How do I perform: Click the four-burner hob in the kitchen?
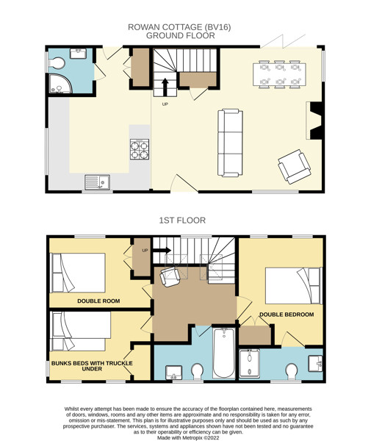pos(140,149)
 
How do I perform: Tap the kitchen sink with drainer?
pos(97,182)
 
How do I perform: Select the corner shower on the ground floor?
pos(60,84)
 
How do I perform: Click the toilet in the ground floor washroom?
pos(57,63)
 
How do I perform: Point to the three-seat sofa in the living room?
pos(230,143)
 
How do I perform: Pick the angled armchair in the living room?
pos(295,167)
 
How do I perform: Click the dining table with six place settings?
pos(279,74)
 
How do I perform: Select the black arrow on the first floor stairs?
pos(162,251)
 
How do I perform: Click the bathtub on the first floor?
pos(224,353)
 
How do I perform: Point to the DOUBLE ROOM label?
pos(98,301)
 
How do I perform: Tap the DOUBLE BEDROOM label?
pos(287,315)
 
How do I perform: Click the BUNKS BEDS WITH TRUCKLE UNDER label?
pos(92,365)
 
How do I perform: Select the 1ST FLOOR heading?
pos(182,220)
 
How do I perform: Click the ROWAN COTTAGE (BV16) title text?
pos(179,27)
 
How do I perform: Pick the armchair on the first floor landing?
pos(170,277)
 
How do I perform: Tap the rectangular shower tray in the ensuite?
pos(249,363)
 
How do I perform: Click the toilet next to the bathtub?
pos(198,371)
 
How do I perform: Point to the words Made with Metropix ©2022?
pos(188,437)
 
